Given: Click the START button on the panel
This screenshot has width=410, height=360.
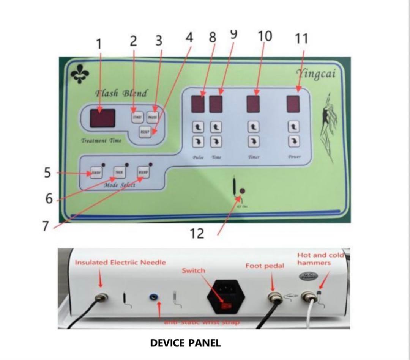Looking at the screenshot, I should coord(137,117).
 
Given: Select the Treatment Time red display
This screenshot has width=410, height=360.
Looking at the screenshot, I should coord(102,118).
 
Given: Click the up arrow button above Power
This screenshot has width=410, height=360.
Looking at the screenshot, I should coord(293,127).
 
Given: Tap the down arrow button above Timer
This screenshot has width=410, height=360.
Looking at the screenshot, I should coord(254,142).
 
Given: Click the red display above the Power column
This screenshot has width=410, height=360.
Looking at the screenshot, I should coord(293,104).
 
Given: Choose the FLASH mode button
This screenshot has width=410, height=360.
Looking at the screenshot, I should coord(96,173).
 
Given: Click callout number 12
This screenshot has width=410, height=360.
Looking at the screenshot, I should coord(197,233).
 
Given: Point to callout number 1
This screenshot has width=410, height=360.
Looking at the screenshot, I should coord(99,44).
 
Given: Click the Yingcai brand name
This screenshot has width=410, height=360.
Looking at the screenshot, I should coord(316,73).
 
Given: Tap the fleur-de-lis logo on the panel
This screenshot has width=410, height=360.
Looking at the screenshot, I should coord(80,74).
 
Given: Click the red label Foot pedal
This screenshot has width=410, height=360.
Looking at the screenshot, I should coord(265,266).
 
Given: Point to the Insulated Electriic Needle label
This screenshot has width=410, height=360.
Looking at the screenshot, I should coord(120,263).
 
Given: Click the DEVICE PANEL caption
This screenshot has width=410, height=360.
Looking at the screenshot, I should coord(185,343).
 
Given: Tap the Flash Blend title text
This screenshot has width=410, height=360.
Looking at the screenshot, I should coord(121,93).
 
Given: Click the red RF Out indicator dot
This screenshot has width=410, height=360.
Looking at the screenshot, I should coord(242,191).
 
